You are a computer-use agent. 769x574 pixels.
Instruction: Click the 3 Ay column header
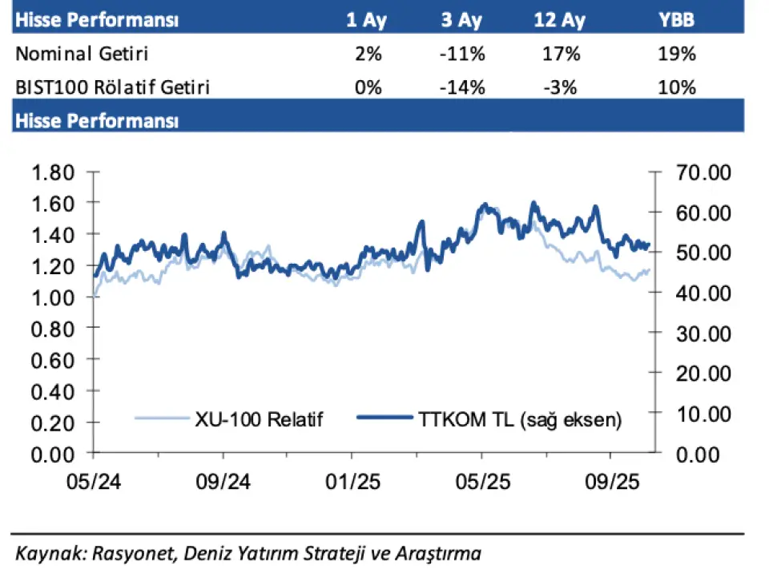[x=462, y=20]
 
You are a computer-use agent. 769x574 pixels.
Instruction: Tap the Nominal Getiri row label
[x=83, y=55]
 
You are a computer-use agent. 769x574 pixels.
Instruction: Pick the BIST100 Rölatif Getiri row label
[x=113, y=87]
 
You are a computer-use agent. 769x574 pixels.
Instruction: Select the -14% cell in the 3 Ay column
[x=463, y=87]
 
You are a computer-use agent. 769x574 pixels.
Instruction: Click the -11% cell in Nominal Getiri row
[x=463, y=55]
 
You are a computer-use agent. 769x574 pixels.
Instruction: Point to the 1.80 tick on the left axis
[x=53, y=172]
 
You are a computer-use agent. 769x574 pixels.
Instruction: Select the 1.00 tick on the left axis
[x=53, y=297]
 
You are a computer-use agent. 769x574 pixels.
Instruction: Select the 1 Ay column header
[x=367, y=20]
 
